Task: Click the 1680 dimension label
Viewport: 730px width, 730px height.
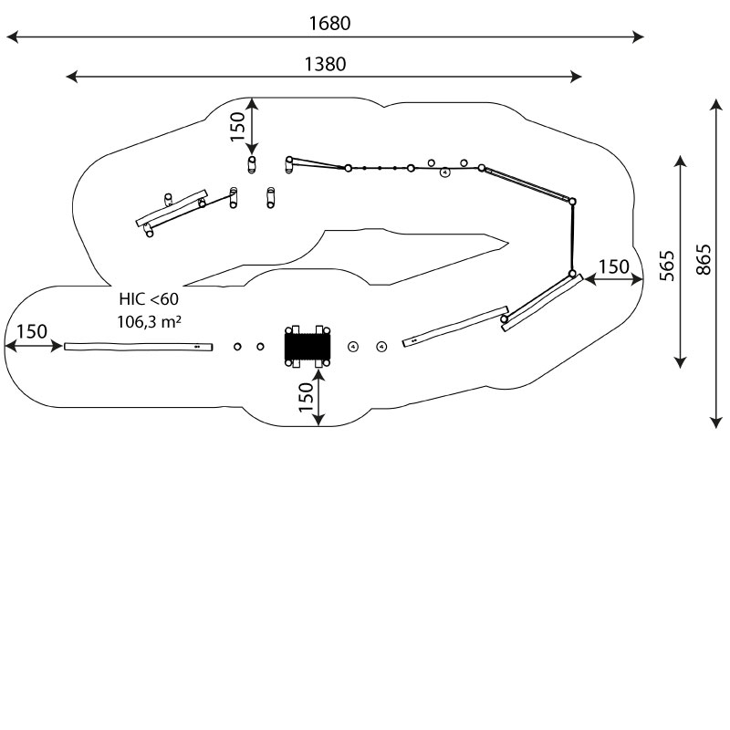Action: click(329, 24)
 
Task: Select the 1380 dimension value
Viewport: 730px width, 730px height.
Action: click(325, 64)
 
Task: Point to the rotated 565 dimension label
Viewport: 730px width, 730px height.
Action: click(667, 265)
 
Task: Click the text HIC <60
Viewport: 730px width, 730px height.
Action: click(149, 299)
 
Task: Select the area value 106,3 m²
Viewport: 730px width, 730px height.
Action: click(148, 321)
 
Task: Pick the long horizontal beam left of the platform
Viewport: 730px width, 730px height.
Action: click(138, 346)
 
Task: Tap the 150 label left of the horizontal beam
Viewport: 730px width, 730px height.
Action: click(32, 332)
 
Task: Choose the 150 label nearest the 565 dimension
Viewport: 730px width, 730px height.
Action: click(613, 267)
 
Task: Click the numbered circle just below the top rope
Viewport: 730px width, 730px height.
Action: click(444, 172)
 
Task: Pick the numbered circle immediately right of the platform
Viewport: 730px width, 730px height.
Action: click(354, 345)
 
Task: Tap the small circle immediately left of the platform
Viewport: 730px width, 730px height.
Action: click(260, 346)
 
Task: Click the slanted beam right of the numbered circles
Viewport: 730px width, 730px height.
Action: click(455, 326)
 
